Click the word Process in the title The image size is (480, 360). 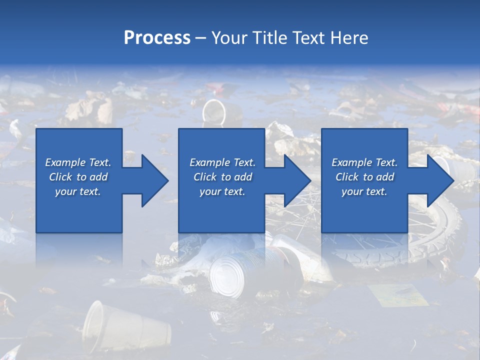[x=157, y=38]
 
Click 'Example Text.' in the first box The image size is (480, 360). [x=78, y=162]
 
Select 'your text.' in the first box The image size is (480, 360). [x=78, y=191]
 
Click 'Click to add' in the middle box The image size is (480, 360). [x=222, y=177]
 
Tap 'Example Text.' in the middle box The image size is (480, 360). [x=222, y=162]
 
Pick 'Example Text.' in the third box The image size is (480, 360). [x=364, y=162]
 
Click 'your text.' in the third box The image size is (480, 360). [x=364, y=191]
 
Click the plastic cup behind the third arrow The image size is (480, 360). [x=457, y=167]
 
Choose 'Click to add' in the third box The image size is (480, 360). [x=364, y=177]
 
